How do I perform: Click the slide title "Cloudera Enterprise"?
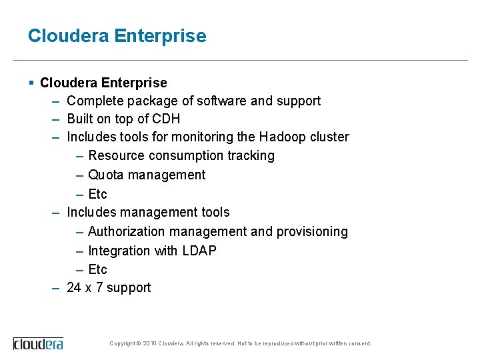(117, 36)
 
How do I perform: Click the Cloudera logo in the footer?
(39, 344)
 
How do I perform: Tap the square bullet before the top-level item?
(31, 83)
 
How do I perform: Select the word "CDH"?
(166, 119)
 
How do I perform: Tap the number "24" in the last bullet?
(74, 287)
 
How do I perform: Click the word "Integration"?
(119, 251)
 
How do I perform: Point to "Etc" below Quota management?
(97, 194)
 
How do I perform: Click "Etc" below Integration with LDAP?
(97, 269)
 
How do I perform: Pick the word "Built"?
(79, 119)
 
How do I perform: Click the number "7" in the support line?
(99, 287)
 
